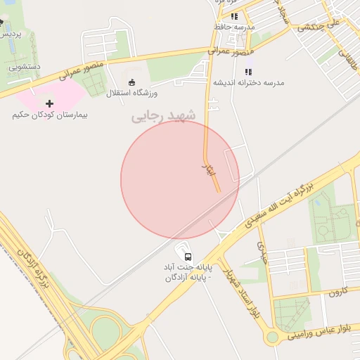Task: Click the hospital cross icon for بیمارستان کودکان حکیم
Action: point(49,103)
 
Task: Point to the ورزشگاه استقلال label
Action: point(132,93)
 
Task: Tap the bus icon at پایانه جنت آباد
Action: point(187,256)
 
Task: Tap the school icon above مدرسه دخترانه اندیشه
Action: point(248,72)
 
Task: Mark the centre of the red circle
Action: point(180,179)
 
